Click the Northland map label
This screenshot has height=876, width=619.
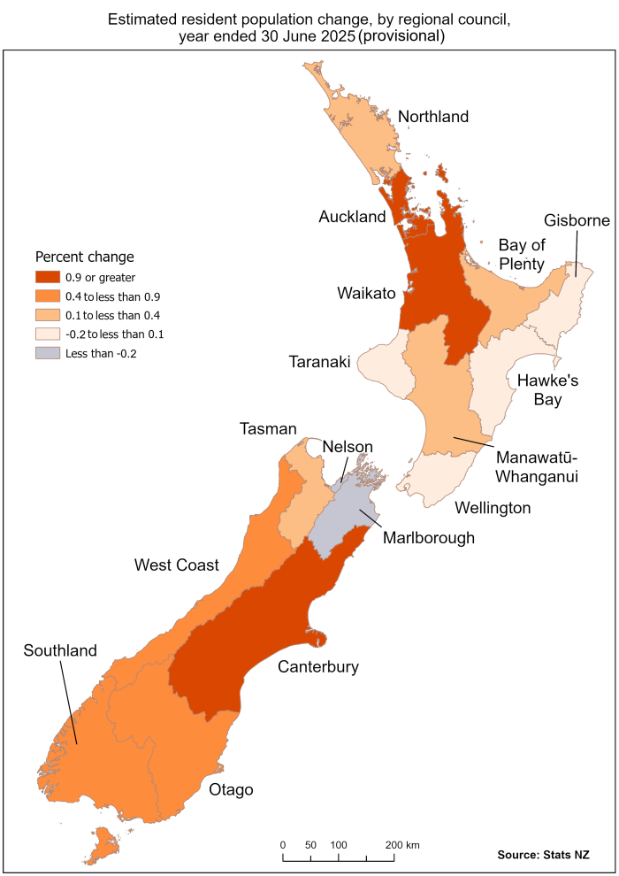(432, 117)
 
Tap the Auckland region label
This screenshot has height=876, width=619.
(352, 217)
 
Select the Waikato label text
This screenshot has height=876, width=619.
(365, 293)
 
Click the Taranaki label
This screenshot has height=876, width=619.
(320, 362)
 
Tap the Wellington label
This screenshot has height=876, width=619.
(492, 507)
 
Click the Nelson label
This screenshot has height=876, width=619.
(348, 446)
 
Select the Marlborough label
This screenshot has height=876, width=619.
(429, 537)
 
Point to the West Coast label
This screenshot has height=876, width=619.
(176, 565)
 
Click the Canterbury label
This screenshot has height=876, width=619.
(318, 666)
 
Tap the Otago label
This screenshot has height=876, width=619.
(231, 789)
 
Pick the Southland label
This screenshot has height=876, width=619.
(60, 650)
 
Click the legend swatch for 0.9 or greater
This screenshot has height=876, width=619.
(48, 278)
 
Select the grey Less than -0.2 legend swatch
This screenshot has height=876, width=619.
(48, 353)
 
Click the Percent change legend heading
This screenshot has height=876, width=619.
(84, 257)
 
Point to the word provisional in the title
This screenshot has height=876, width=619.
(401, 36)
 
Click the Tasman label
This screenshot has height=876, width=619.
(268, 428)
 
